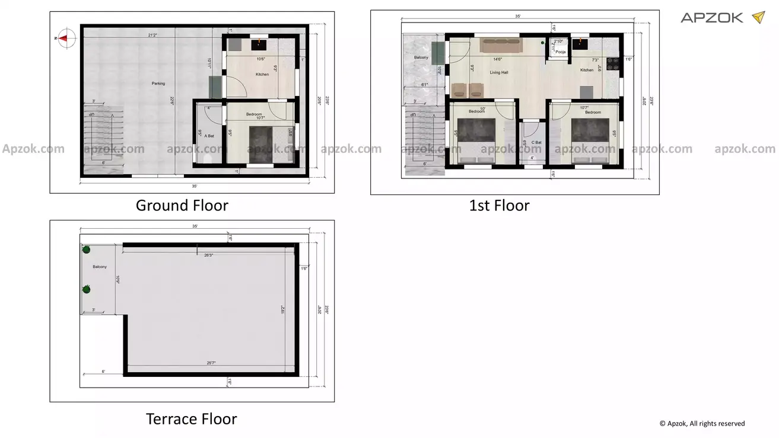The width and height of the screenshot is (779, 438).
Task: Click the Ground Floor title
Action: (x=182, y=206)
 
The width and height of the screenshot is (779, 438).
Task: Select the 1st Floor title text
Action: (x=499, y=206)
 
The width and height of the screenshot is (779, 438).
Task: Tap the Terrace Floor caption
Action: (x=191, y=420)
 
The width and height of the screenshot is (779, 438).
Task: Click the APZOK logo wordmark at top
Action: (x=711, y=18)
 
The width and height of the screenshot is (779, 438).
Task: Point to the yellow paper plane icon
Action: (x=758, y=17)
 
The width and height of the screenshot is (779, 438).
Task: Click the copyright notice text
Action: (x=702, y=424)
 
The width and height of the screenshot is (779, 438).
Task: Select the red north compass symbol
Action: (x=66, y=38)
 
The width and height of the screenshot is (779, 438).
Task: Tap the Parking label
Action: (x=158, y=84)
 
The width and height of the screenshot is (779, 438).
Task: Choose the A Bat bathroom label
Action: (x=207, y=136)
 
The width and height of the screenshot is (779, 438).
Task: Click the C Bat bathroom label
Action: (x=536, y=142)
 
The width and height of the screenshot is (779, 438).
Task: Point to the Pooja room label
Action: (x=560, y=52)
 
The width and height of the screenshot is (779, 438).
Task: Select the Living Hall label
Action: (x=498, y=72)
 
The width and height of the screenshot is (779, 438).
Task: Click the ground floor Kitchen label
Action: (x=262, y=75)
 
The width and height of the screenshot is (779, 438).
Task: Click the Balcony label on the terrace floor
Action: (x=100, y=267)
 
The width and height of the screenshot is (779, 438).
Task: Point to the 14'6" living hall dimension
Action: (x=498, y=59)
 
